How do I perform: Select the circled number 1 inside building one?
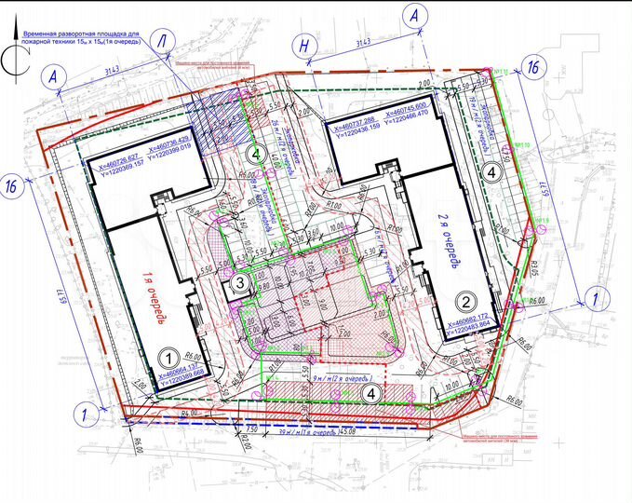click(x=168, y=356)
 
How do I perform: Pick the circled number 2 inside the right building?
click(x=467, y=301)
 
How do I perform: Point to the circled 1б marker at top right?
click(x=532, y=66)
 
